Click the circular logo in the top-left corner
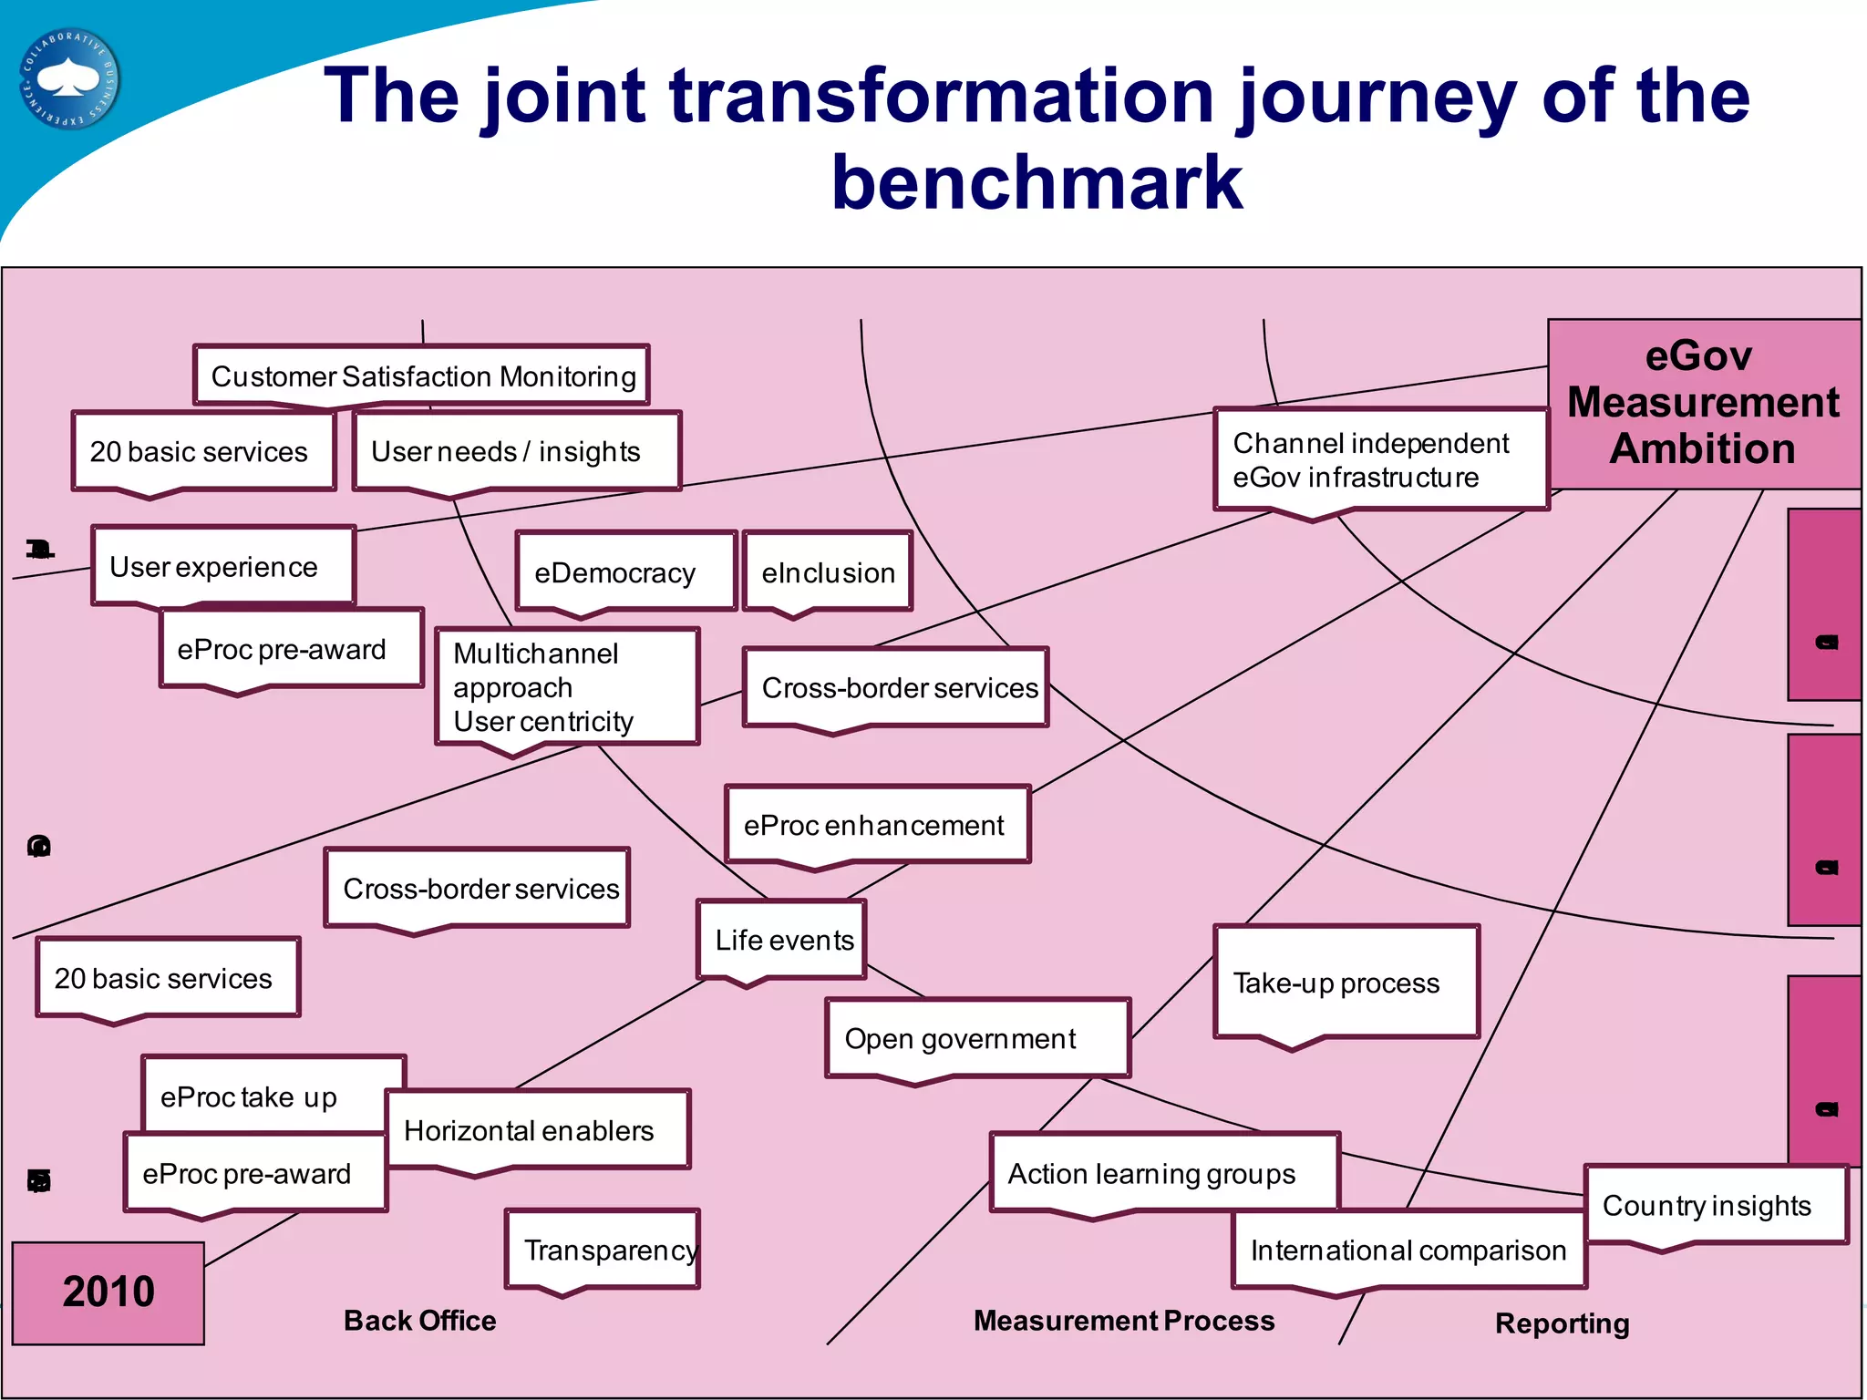(69, 79)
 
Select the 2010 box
(108, 1292)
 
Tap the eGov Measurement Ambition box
(1703, 403)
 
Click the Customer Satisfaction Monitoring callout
(422, 376)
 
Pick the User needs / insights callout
(516, 451)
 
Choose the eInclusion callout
(828, 571)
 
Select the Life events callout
(782, 939)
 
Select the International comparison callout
(1408, 1250)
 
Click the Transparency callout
(603, 1250)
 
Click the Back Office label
(420, 1320)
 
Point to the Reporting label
(1562, 1323)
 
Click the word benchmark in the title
(1037, 182)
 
